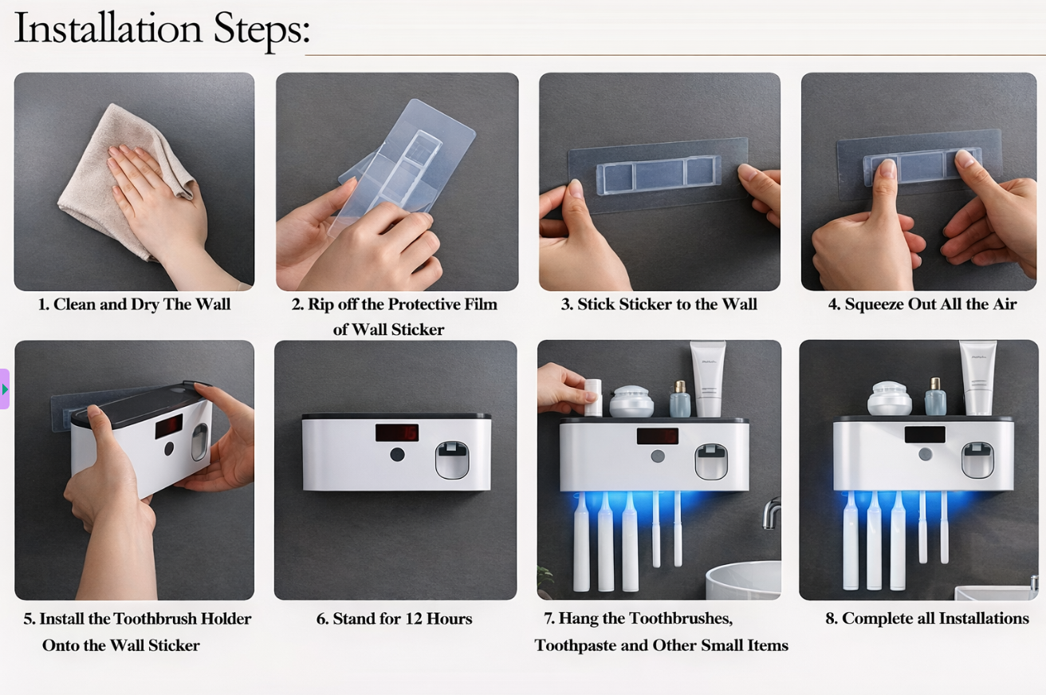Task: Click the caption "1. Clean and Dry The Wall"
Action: (134, 304)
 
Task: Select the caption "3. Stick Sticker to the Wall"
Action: (659, 304)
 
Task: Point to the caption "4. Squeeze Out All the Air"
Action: (922, 304)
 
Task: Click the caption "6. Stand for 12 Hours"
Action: (394, 618)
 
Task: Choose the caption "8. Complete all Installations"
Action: (926, 618)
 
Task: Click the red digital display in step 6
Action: (396, 432)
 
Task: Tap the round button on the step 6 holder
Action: (396, 456)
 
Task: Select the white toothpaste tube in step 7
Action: (707, 378)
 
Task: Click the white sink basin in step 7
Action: (743, 581)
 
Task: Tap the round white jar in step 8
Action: (889, 397)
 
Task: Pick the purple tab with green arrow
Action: (5, 389)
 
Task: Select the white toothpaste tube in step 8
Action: (977, 377)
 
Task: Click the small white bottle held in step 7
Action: (592, 397)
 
